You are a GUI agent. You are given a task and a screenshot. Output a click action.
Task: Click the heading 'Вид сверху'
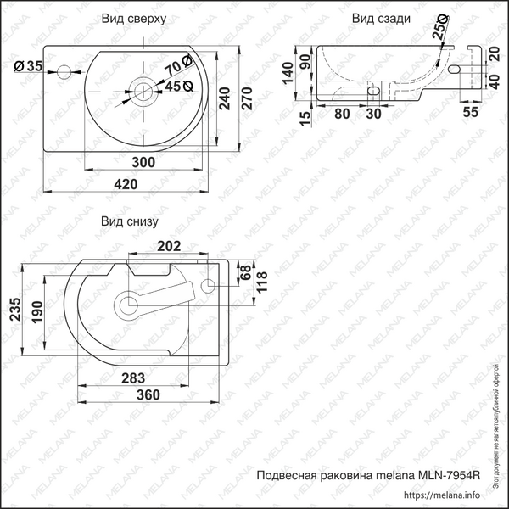133,18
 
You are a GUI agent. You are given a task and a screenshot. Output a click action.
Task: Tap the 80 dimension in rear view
343,111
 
